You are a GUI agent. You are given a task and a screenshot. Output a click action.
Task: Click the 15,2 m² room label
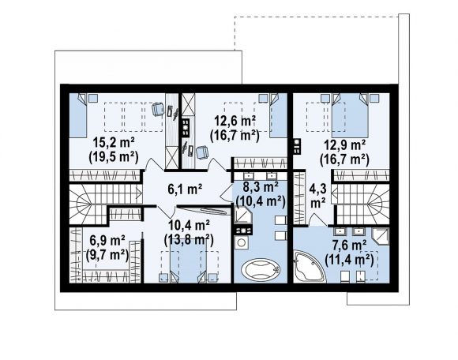(x=114, y=143)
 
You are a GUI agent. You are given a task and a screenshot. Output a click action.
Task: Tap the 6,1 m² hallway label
(x=185, y=189)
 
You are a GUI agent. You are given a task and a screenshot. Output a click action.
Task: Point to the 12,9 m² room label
(x=344, y=145)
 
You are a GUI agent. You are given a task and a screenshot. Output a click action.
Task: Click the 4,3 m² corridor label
(x=317, y=195)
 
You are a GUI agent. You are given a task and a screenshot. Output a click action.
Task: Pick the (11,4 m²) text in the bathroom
(x=349, y=260)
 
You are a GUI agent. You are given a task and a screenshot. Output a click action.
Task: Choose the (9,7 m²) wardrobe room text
(x=107, y=256)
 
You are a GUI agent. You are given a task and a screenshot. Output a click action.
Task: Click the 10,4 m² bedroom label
(x=189, y=226)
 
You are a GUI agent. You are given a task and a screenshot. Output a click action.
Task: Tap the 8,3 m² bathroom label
(x=261, y=187)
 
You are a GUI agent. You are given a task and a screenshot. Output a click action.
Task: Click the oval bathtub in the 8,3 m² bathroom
(x=261, y=269)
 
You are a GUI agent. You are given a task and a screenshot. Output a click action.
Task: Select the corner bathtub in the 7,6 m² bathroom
(x=309, y=266)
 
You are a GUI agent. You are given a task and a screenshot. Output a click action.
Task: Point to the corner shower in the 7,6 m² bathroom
(x=381, y=236)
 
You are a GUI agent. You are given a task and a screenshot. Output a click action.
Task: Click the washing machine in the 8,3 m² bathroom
(x=242, y=243)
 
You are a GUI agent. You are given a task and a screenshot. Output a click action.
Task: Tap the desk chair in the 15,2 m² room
(x=158, y=110)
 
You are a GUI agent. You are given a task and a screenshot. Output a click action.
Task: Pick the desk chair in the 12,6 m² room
(x=202, y=152)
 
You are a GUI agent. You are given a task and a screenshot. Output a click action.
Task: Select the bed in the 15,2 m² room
(x=78, y=115)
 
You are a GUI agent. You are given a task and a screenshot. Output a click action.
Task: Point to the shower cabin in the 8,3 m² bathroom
(x=242, y=215)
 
